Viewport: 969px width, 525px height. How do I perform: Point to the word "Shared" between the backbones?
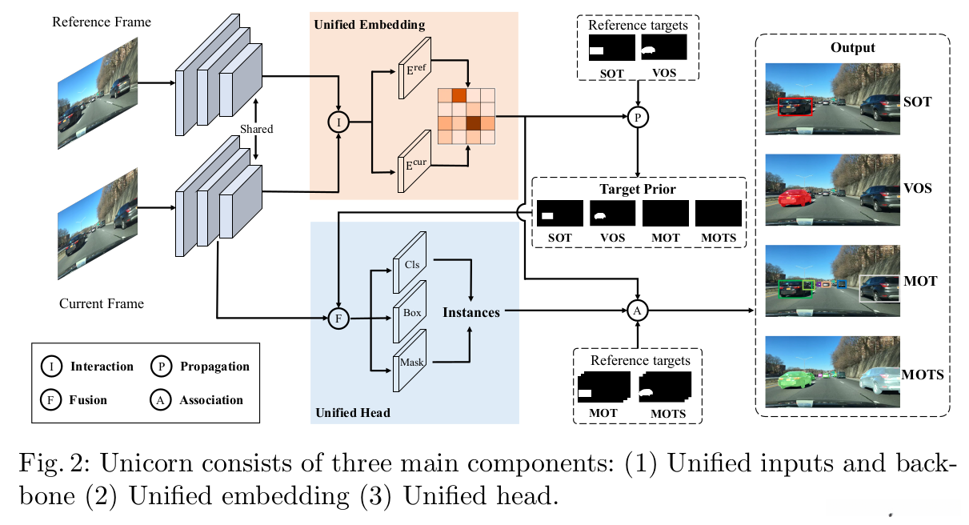pyautogui.click(x=256, y=129)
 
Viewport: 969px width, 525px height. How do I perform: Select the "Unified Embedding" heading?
pyautogui.click(x=369, y=25)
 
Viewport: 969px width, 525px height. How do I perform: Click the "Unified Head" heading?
pyautogui.click(x=353, y=412)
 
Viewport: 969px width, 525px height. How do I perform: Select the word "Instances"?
pyautogui.click(x=471, y=312)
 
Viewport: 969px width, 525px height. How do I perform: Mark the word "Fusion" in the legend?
pyautogui.click(x=89, y=399)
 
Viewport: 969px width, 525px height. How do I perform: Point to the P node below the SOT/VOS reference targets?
pyautogui.click(x=638, y=118)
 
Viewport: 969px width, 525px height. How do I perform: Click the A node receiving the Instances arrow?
pyautogui.click(x=638, y=311)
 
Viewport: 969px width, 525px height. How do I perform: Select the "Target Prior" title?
pyautogui.click(x=638, y=190)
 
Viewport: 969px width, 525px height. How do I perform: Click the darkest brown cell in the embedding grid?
pyautogui.click(x=473, y=123)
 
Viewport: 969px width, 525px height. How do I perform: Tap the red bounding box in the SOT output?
pyautogui.click(x=795, y=106)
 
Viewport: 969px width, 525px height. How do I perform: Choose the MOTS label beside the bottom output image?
pyautogui.click(x=923, y=374)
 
